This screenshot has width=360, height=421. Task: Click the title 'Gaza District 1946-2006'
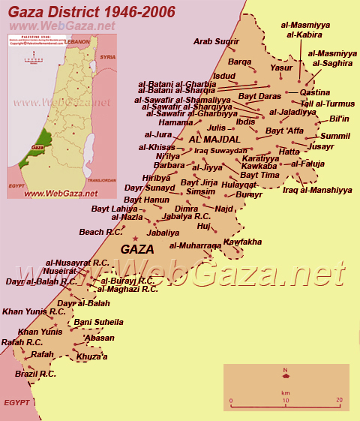pyautogui.click(x=92, y=12)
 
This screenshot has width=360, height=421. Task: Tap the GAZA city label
pyautogui.click(x=137, y=249)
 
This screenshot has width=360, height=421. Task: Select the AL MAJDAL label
pyautogui.click(x=215, y=140)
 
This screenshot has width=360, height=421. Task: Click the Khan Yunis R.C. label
pyautogui.click(x=34, y=311)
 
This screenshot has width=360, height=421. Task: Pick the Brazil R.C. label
pyautogui.click(x=35, y=373)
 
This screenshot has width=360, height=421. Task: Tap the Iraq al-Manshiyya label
pyautogui.click(x=317, y=190)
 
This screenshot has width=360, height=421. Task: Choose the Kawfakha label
pyautogui.click(x=242, y=242)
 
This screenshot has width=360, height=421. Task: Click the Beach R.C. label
pyautogui.click(x=101, y=233)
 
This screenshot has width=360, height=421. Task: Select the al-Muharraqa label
pyautogui.click(x=195, y=245)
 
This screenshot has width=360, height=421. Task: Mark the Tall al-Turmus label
pyautogui.click(x=327, y=104)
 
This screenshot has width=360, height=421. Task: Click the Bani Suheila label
pyautogui.click(x=98, y=322)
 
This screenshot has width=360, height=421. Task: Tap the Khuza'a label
pyautogui.click(x=91, y=356)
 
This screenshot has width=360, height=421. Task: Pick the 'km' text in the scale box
pyautogui.click(x=286, y=392)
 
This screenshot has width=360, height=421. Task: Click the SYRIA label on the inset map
pyautogui.click(x=108, y=57)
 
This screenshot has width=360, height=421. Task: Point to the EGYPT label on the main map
pyautogui.click(x=16, y=402)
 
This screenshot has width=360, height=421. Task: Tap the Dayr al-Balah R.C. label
pyautogui.click(x=41, y=281)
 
